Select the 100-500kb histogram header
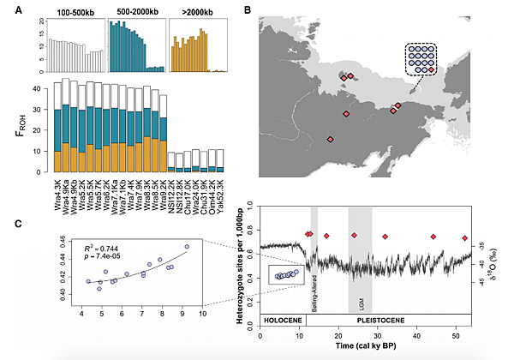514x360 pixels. point(75,15)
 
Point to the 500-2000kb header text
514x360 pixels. point(132,15)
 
